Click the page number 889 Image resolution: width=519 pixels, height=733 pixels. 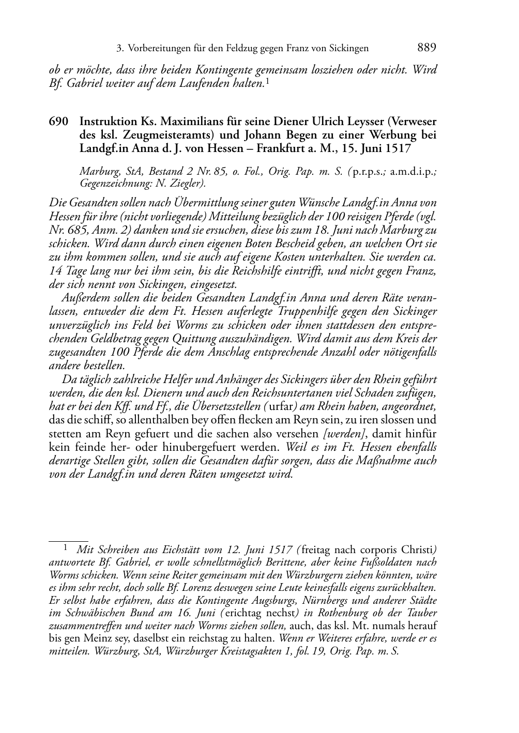pos(426,48)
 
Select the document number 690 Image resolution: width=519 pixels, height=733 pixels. pos(58,122)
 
